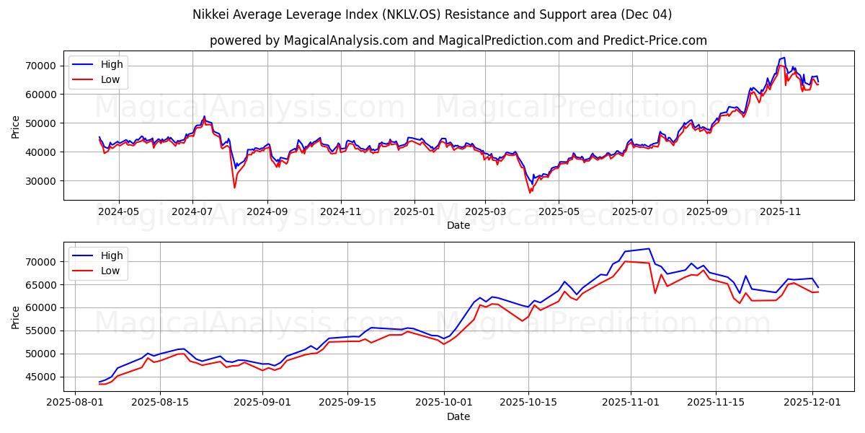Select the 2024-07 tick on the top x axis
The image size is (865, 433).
(x=192, y=212)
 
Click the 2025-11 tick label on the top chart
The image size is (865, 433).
(x=780, y=212)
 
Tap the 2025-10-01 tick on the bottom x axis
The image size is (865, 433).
(x=443, y=403)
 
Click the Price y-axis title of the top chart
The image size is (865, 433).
(x=16, y=126)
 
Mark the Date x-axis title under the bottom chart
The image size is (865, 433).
(x=458, y=416)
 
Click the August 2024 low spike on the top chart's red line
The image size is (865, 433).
(x=234, y=188)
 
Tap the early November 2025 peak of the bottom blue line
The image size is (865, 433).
(x=649, y=249)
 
